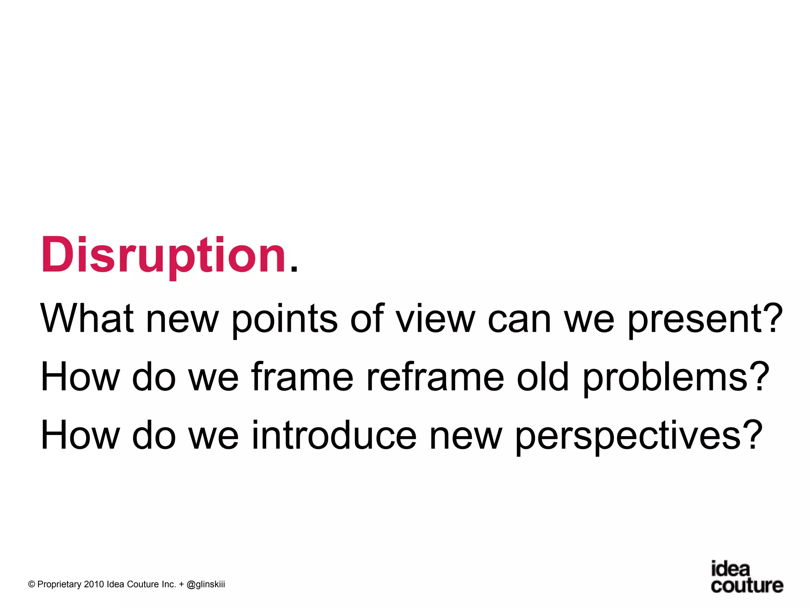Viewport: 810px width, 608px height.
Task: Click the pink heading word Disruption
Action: [163, 255]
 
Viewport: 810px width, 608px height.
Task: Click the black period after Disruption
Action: [293, 269]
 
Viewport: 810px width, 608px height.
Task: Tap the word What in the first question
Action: [87, 319]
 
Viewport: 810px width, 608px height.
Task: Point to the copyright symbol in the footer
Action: [32, 585]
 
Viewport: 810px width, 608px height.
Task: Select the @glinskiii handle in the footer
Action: [205, 585]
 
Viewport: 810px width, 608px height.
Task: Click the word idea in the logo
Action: [730, 569]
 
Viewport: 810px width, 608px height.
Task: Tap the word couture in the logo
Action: [747, 585]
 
